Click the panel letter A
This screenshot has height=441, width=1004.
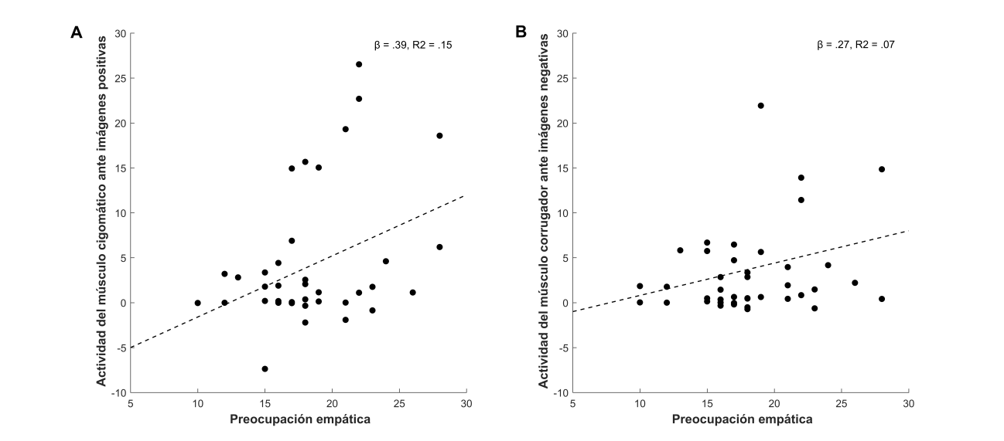click(x=77, y=32)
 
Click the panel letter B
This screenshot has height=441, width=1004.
click(x=520, y=32)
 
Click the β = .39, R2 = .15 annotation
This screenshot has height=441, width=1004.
click(x=413, y=46)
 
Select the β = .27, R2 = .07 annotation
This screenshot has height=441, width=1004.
click(x=855, y=46)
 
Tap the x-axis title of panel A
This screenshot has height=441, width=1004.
click(x=298, y=419)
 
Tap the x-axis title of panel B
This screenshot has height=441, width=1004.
click(x=740, y=419)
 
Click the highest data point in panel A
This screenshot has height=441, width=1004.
click(x=359, y=64)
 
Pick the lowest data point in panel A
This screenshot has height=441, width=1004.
click(x=265, y=369)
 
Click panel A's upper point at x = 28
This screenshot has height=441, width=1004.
click(x=439, y=135)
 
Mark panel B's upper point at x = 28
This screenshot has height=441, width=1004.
click(x=882, y=169)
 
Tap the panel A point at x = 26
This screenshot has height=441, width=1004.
click(x=412, y=293)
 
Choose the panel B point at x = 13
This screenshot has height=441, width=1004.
click(x=680, y=250)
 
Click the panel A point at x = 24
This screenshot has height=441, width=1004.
click(x=386, y=261)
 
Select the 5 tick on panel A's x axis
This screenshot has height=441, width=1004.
click(x=130, y=402)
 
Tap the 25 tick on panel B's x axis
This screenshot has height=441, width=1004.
click(x=842, y=402)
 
